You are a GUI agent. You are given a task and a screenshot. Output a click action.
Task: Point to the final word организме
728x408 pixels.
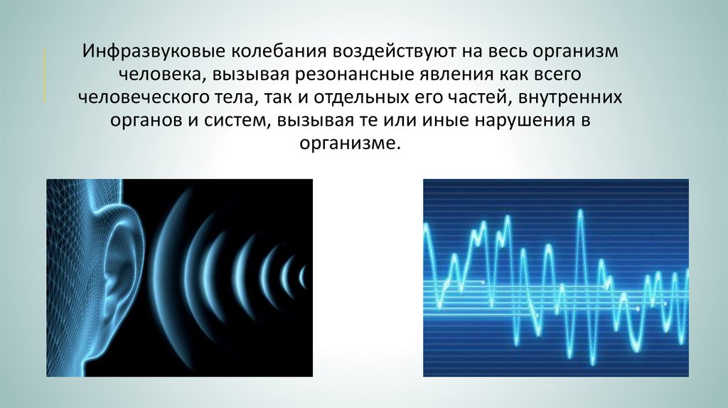pos(350,144)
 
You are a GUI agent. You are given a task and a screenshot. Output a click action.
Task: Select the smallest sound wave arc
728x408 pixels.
pos(302,277)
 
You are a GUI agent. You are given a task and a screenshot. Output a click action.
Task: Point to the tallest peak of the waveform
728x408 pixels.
pos(580,212)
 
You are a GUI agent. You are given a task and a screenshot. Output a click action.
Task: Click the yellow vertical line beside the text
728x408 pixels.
pos(45,74)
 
